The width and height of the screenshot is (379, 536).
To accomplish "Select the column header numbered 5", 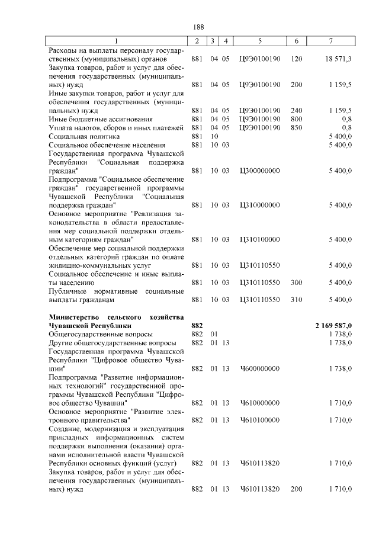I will coord(259,40).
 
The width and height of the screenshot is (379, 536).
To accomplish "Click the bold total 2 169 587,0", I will coord(333,326).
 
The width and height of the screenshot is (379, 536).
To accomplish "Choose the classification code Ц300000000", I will coord(259,171).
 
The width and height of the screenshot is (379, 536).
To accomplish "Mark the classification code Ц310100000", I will coord(259,239).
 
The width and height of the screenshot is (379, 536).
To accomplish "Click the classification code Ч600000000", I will coord(259,368).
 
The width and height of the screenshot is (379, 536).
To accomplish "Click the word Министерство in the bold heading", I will coord(73,317).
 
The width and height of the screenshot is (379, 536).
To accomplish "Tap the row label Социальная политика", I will coord(83,136).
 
